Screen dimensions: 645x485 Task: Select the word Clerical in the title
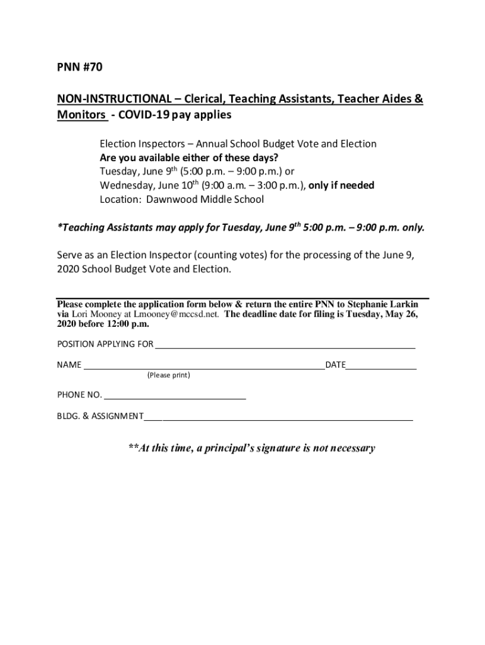point(203,100)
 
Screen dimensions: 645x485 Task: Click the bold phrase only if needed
point(341,185)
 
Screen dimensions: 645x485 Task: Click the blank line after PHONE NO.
point(174,396)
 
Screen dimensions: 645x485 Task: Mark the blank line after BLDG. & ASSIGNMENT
point(278,417)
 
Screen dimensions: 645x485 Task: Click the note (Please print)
point(169,375)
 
